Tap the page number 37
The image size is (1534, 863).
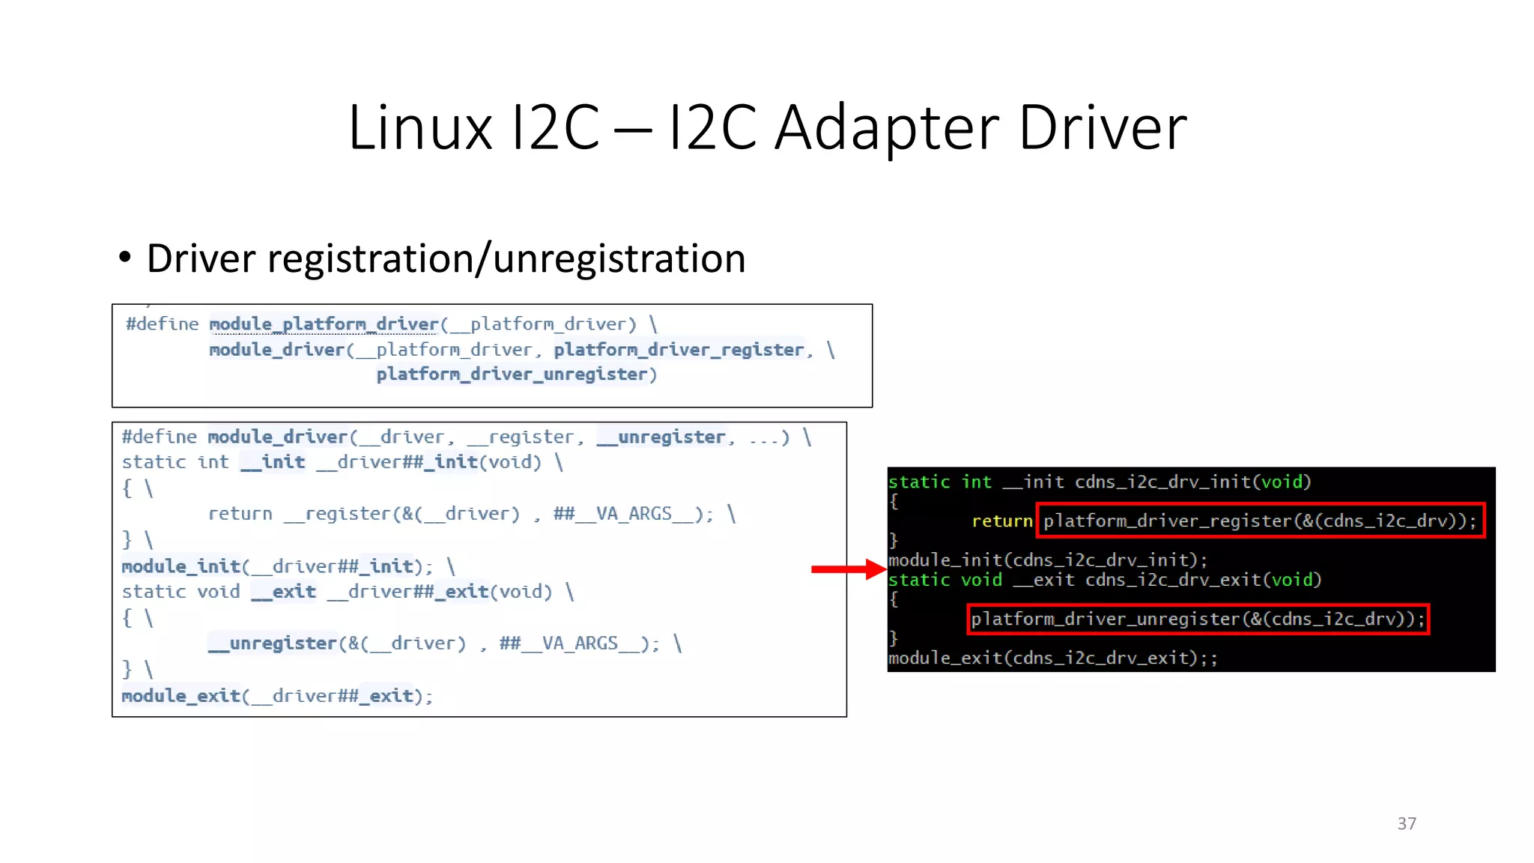pyautogui.click(x=1406, y=823)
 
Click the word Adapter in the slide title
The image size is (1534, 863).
pyautogui.click(x=887, y=127)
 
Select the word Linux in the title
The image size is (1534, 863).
pyautogui.click(x=420, y=127)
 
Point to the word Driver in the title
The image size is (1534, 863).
pyautogui.click(x=1102, y=127)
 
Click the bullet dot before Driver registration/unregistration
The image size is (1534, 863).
pyautogui.click(x=124, y=258)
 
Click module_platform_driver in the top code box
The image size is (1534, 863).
pyautogui.click(x=324, y=324)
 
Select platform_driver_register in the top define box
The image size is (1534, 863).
pyautogui.click(x=679, y=350)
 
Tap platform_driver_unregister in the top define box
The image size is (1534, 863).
pyautogui.click(x=512, y=375)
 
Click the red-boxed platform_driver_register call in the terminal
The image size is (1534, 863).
pyautogui.click(x=1260, y=521)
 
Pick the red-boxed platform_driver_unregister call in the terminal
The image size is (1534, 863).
pyautogui.click(x=1198, y=619)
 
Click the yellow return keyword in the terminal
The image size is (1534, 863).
pyautogui.click(x=1001, y=521)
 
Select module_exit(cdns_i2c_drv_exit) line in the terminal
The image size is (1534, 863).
pyautogui.click(x=1052, y=658)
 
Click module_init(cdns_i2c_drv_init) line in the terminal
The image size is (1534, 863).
pyautogui.click(x=1047, y=560)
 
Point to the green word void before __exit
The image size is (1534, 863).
pyautogui.click(x=981, y=580)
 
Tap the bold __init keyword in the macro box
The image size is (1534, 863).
pyautogui.click(x=273, y=462)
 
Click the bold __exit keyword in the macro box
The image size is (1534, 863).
pyautogui.click(x=284, y=592)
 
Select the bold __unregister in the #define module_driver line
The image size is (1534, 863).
pyautogui.click(x=661, y=437)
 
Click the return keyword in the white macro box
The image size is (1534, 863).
pyautogui.click(x=240, y=514)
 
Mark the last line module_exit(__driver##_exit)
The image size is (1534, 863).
pyautogui.click(x=277, y=696)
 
